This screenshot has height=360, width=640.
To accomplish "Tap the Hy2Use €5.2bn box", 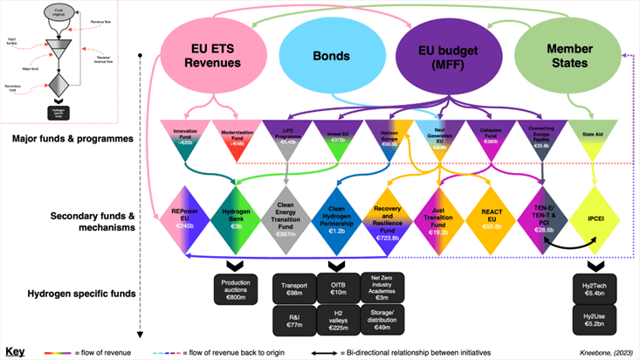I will point(594,323).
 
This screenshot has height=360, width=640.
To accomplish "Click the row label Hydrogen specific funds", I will point(69,292).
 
